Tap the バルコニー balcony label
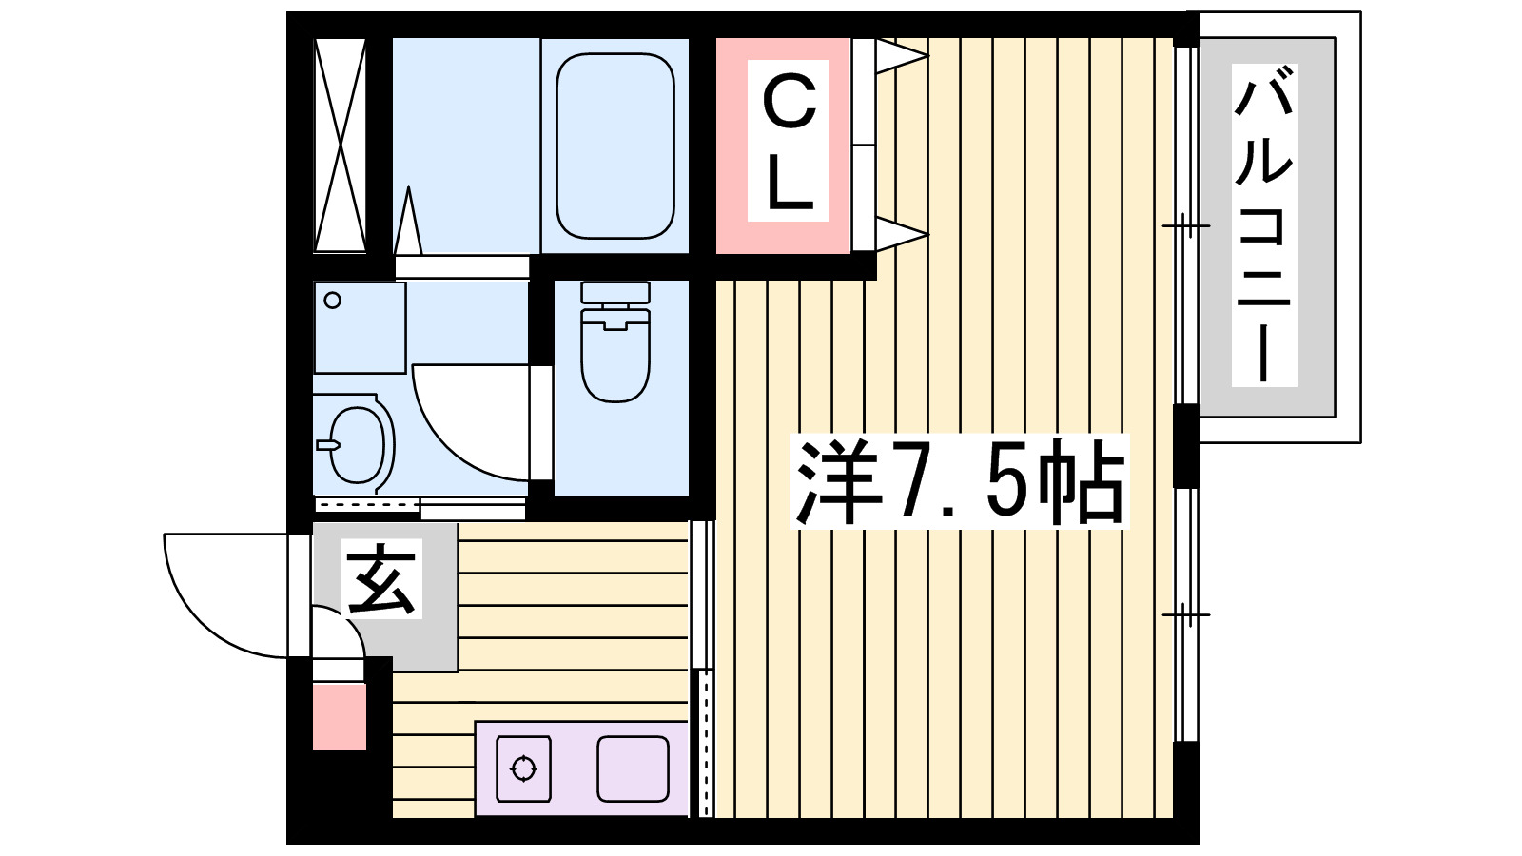click(1263, 225)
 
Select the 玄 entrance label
click(382, 580)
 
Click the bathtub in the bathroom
click(615, 146)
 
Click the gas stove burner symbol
click(524, 768)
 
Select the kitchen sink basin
click(633, 768)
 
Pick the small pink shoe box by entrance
click(340, 716)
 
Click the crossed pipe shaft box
click(340, 146)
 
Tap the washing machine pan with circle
click(360, 327)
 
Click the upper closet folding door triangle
click(898, 56)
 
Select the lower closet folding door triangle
click(898, 233)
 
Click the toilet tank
click(615, 293)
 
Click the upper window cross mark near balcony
click(1185, 225)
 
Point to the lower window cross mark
click(1185, 614)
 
